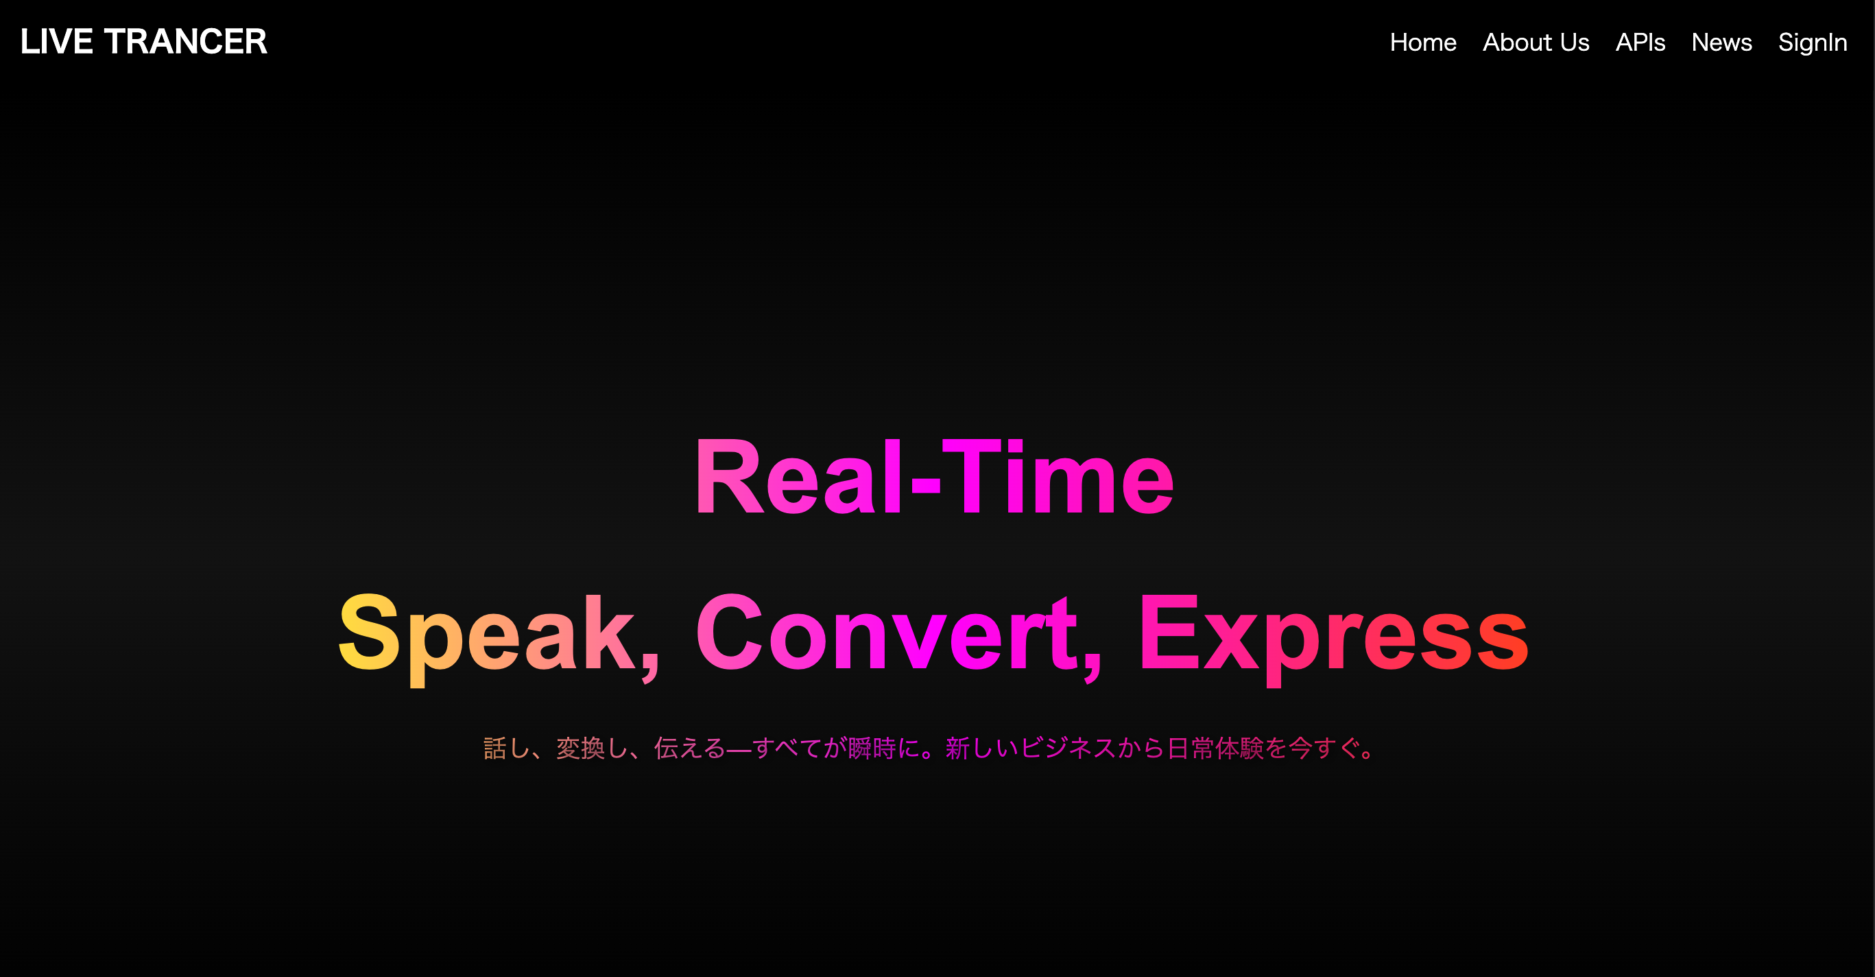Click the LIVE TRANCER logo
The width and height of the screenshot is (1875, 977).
[x=143, y=41]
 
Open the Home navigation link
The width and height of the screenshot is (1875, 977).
[x=1422, y=43]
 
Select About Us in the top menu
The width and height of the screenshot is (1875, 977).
[x=1536, y=43]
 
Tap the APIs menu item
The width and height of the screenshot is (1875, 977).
[x=1640, y=43]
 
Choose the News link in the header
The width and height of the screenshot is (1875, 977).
[x=1721, y=43]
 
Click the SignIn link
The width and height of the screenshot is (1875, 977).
[x=1813, y=43]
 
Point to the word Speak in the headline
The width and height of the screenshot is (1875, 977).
[x=488, y=633]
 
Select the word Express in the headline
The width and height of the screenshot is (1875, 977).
[x=1332, y=633]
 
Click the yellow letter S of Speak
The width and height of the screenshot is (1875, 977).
[x=369, y=632]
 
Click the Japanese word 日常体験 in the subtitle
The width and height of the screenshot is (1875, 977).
[x=1215, y=749]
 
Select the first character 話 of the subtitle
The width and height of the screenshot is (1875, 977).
[x=495, y=749]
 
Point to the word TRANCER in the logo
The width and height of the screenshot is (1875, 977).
[x=186, y=41]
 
